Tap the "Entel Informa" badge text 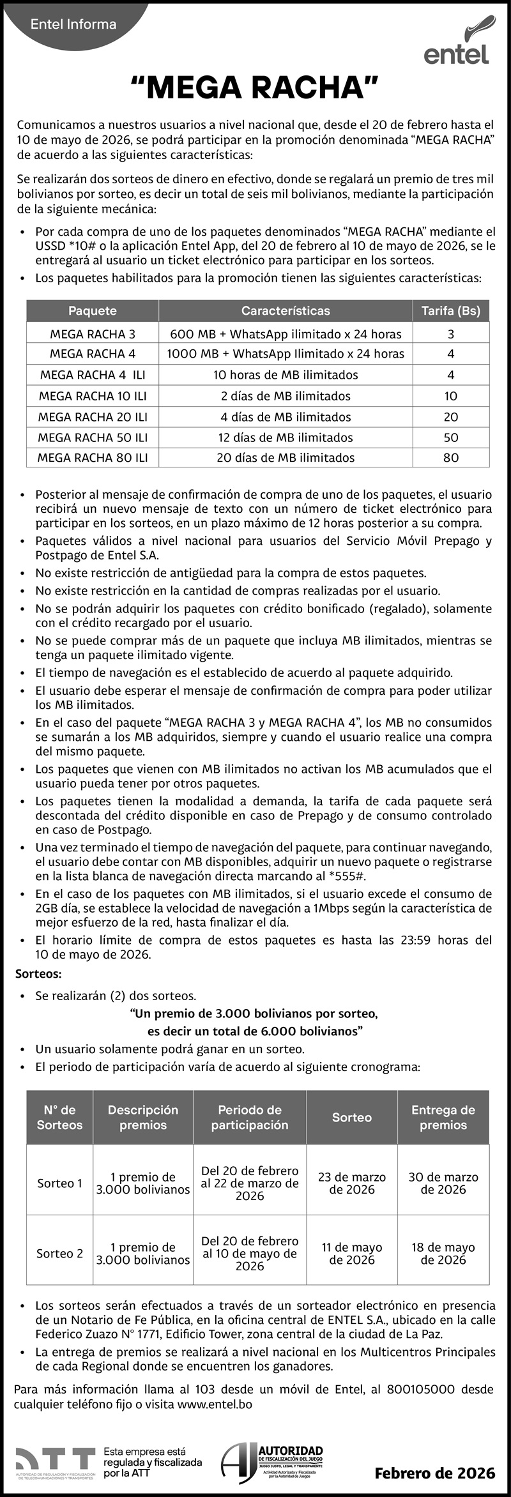[x=73, y=24]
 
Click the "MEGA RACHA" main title [x=255, y=87]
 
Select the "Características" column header [x=286, y=311]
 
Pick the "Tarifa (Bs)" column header [x=450, y=311]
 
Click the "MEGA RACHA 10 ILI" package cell [x=93, y=396]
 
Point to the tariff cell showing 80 [x=450, y=457]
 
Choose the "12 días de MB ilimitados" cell [x=286, y=437]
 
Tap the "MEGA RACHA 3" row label [x=93, y=334]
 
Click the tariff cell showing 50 [x=450, y=437]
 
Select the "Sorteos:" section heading [x=38, y=974]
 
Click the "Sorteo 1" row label [x=59, y=1183]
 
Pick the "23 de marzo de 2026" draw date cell [x=352, y=1183]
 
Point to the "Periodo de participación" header [x=250, y=1117]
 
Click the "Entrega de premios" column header [x=443, y=1117]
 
